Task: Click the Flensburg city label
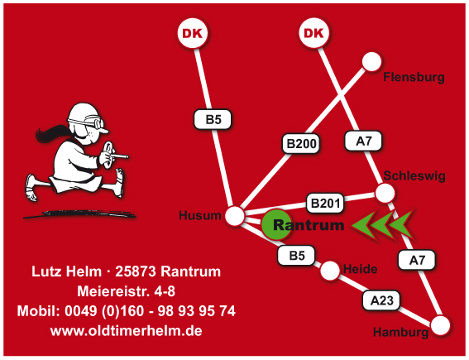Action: [x=414, y=77]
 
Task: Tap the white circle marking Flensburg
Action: [x=371, y=61]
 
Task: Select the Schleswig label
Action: [x=414, y=176]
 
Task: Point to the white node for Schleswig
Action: [x=385, y=193]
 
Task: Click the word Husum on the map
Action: [x=200, y=215]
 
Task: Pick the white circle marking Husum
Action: [x=235, y=215]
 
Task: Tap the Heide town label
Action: [x=360, y=269]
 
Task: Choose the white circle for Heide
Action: [x=330, y=271]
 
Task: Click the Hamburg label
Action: [x=401, y=333]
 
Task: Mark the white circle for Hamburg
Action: [x=440, y=325]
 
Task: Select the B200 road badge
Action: [x=301, y=144]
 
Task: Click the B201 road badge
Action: [x=325, y=204]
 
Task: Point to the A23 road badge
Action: [x=381, y=300]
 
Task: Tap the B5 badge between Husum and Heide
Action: [x=296, y=256]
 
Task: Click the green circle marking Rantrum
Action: [x=276, y=224]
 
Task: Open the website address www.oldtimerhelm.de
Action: [x=127, y=331]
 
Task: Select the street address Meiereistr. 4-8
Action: [x=127, y=291]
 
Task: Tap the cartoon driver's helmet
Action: [x=84, y=114]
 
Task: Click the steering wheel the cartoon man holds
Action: [x=108, y=153]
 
